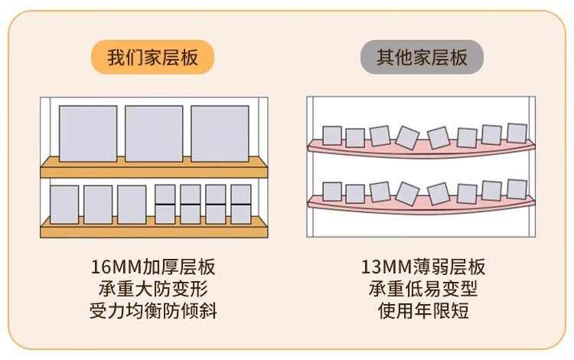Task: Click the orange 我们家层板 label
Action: point(152,58)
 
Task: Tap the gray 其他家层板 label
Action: point(422,58)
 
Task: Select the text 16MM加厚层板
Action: point(152,267)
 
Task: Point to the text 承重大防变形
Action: point(152,290)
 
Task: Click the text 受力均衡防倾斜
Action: point(152,312)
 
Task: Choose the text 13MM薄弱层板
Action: point(422,267)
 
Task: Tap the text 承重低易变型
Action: point(422,290)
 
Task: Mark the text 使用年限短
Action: point(422,312)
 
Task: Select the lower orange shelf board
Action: point(153,227)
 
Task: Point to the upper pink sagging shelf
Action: point(421,150)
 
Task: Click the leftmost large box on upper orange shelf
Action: point(88,133)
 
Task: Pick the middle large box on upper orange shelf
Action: point(154,133)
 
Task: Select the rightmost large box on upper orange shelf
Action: point(220,133)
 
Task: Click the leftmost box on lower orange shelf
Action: point(64,205)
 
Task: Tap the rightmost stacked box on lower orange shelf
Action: point(241,205)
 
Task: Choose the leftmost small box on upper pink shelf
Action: point(331,136)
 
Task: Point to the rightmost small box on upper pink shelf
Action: point(517,133)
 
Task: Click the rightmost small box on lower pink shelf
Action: point(517,188)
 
